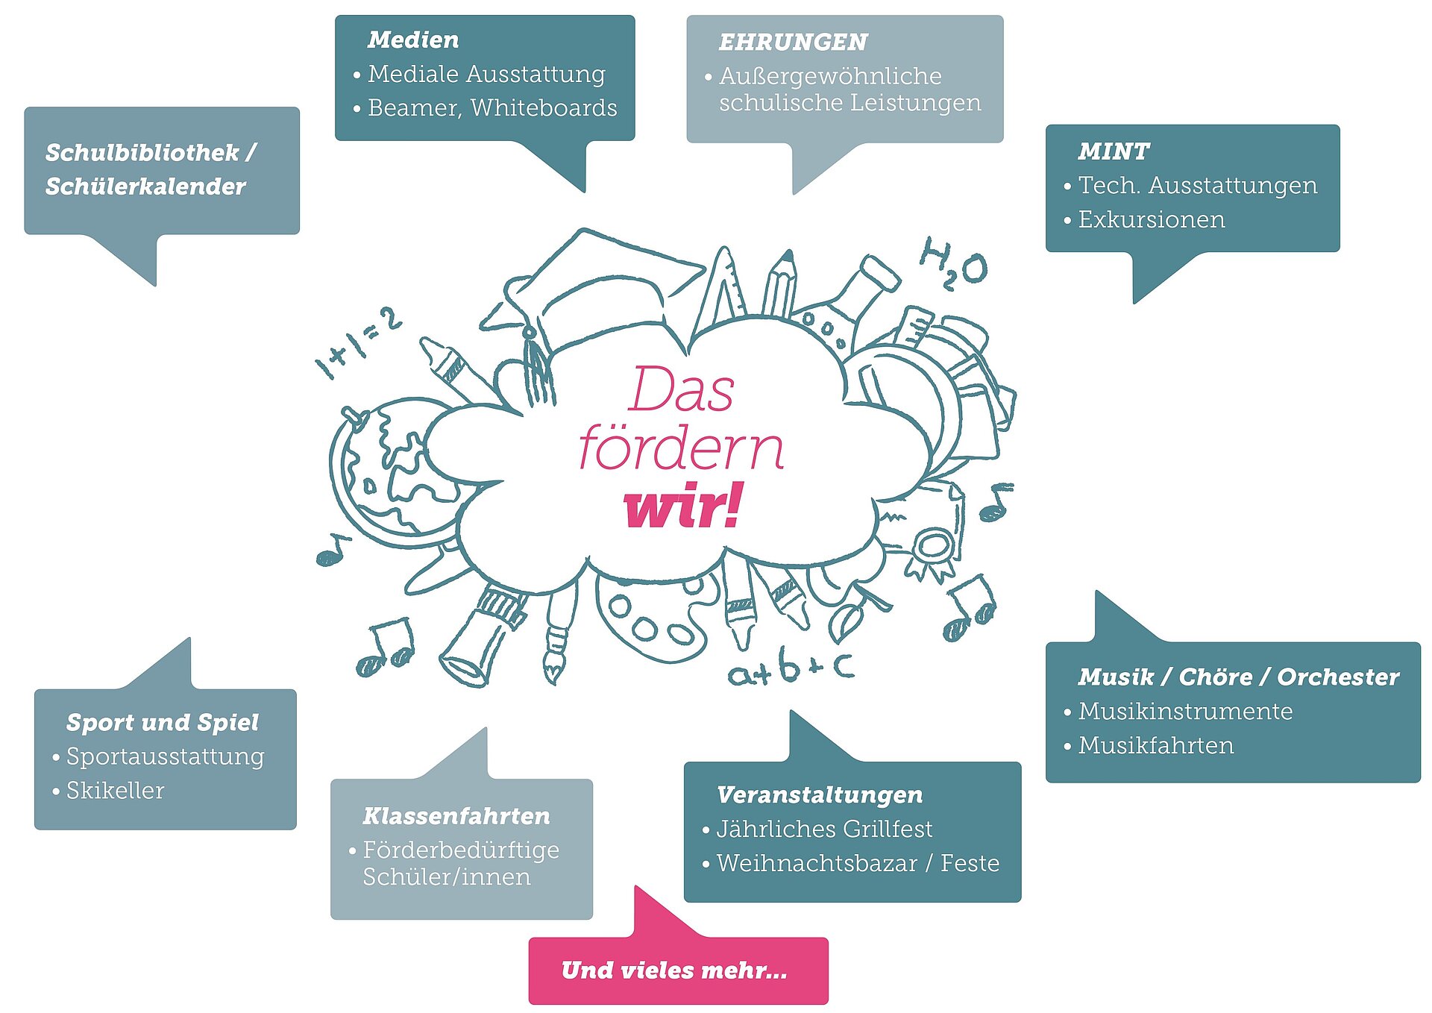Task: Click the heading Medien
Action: [413, 40]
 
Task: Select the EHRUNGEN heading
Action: [793, 43]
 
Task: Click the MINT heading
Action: [1114, 151]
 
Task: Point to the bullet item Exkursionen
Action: [1152, 220]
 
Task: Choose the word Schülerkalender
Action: [145, 186]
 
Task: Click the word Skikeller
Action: [116, 791]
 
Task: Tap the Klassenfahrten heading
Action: [456, 816]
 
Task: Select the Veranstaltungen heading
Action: [820, 795]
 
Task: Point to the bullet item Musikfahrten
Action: [1156, 746]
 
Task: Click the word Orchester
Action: [1338, 677]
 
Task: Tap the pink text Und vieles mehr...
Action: [674, 970]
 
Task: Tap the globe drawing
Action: [388, 470]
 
